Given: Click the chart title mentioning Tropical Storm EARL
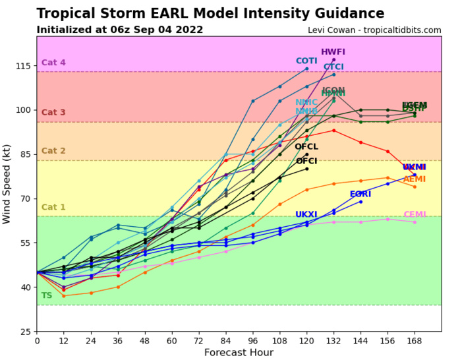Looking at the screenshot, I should click(210, 14).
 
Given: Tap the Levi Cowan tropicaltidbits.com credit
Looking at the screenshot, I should click(374, 30).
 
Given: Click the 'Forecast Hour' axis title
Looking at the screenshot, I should click(239, 352).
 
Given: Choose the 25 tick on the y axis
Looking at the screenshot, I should click(25, 331).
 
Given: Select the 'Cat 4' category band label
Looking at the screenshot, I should click(53, 63).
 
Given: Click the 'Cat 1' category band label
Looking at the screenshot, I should click(53, 208).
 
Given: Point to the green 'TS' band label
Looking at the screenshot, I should click(47, 296).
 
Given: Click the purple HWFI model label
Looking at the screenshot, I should click(333, 52).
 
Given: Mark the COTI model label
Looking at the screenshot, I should click(306, 61).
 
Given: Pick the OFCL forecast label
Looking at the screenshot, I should click(306, 147).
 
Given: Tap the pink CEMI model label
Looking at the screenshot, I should click(415, 214).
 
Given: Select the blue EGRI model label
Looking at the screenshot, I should click(360, 195).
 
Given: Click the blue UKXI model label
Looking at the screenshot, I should click(306, 215).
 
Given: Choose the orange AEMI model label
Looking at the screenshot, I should click(415, 179).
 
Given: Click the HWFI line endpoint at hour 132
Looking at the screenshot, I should click(333, 59).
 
